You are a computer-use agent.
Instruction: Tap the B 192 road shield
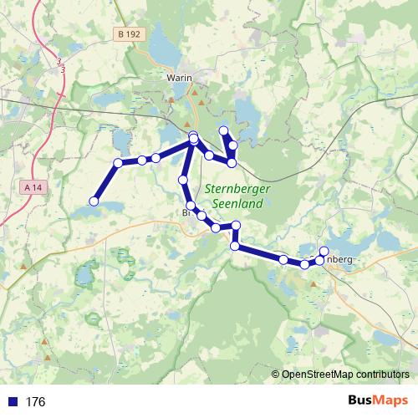[x=129, y=34]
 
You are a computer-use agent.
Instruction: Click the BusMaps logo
[x=378, y=401]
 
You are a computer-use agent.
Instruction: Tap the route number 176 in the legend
[x=35, y=402]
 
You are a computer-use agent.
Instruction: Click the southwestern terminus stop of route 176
[x=94, y=201]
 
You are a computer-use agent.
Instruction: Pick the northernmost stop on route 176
[x=223, y=130]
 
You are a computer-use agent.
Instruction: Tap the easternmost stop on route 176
[x=324, y=252]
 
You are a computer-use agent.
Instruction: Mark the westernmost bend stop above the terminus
[x=118, y=163]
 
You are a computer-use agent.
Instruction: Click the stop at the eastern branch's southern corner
[x=232, y=161]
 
